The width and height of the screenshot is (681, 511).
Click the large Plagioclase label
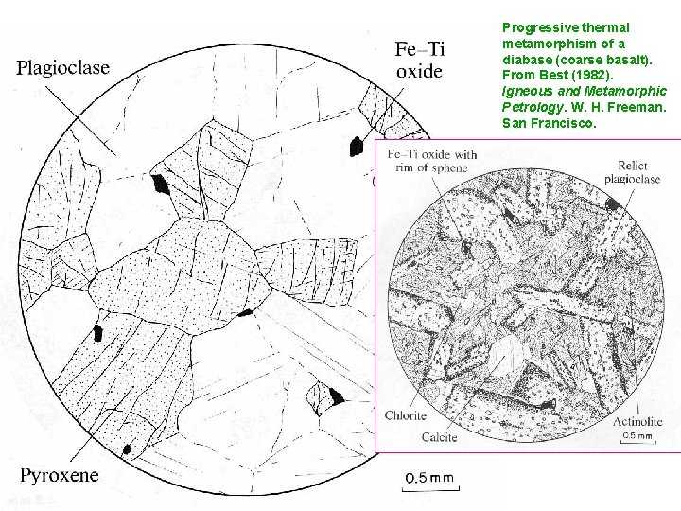tap(63, 67)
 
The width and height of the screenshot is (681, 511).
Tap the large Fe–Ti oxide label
tap(420, 60)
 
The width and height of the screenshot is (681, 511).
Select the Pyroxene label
tap(59, 475)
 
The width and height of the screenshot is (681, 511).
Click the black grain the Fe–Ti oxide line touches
tap(357, 146)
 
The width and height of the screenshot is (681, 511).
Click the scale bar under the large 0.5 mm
tap(432, 487)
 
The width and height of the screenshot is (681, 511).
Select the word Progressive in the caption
tap(535, 28)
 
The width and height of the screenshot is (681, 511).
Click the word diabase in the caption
tap(524, 60)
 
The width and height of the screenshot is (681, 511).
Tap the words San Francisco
tap(550, 122)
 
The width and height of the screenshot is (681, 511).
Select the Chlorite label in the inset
tap(406, 415)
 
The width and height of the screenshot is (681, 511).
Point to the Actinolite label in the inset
tap(637, 421)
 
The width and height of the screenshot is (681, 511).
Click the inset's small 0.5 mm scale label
tap(637, 436)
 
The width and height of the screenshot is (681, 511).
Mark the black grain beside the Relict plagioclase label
tap(614, 203)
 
